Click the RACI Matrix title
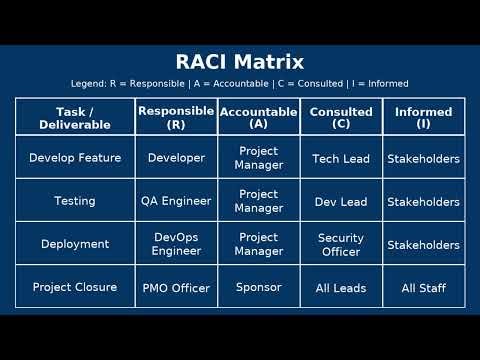tap(240, 61)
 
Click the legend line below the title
tap(240, 83)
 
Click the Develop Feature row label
tap(75, 158)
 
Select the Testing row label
tap(75, 201)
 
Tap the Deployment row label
tap(75, 244)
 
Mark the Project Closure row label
tap(75, 288)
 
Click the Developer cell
tap(176, 158)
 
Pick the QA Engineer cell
tap(176, 201)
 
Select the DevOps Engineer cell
tap(176, 244)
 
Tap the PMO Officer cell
tap(176, 288)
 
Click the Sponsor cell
tap(258, 287)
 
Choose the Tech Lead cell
tap(341, 158)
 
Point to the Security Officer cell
tap(341, 244)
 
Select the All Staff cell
tap(423, 288)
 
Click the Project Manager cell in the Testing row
tap(258, 201)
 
